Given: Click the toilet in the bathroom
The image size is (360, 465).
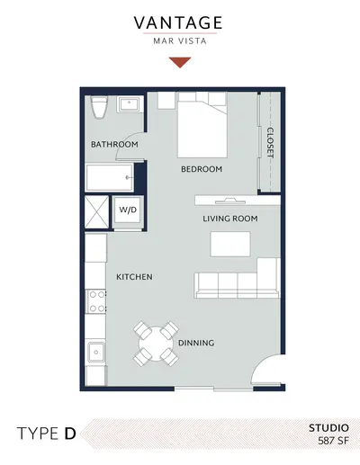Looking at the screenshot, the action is click(x=99, y=107).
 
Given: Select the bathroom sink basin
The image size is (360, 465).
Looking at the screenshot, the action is click(x=129, y=104).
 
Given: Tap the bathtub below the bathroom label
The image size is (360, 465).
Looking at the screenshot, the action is click(x=110, y=177).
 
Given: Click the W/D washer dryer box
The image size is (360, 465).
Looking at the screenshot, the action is click(x=128, y=210).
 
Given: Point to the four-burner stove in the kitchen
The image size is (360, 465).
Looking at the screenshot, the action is click(x=95, y=301).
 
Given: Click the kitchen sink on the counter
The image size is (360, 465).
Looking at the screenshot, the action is click(x=96, y=353).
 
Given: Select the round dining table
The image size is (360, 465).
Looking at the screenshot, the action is click(x=156, y=344).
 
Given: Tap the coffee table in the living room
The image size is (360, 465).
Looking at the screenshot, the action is click(x=230, y=244).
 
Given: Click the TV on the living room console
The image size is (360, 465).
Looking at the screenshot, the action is click(x=230, y=201).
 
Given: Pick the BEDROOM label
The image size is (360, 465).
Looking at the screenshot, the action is click(x=202, y=169).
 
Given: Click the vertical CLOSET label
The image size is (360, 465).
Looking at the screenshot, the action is click(x=270, y=143).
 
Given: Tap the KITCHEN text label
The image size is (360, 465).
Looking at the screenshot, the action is click(x=134, y=277).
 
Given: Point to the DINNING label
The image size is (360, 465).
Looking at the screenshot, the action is click(x=196, y=343).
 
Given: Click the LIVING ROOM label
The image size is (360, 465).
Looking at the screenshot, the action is click(x=230, y=219).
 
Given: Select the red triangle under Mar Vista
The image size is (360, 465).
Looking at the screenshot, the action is click(x=180, y=62).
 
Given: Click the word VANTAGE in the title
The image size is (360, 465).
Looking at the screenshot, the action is click(x=178, y=23).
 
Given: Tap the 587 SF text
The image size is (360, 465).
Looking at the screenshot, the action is click(x=333, y=441).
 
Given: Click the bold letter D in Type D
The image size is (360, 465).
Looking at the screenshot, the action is click(x=70, y=434).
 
